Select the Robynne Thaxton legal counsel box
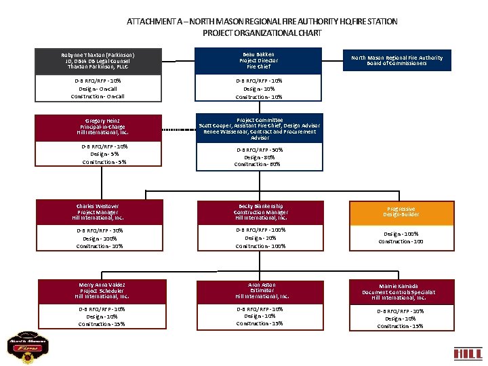(100, 61)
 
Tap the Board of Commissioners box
(396, 61)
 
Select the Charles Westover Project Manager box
(100, 212)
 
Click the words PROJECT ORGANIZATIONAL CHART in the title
(262, 33)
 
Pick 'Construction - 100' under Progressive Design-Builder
(401, 241)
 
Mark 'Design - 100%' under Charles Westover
(100, 238)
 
